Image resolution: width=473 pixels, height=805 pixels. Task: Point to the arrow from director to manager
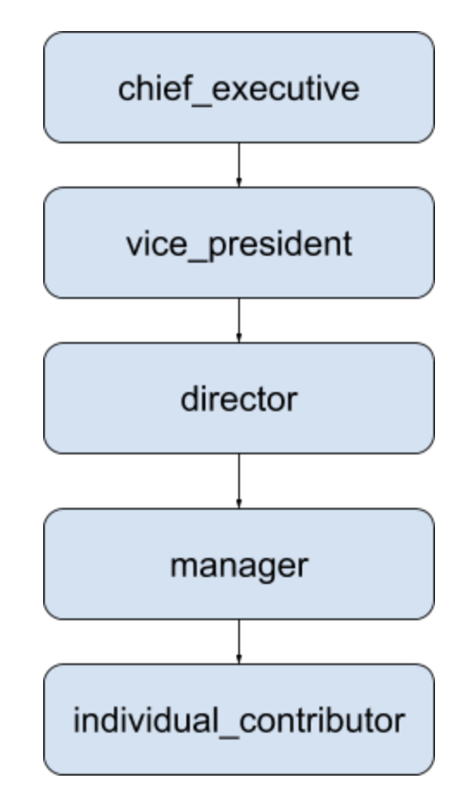click(x=238, y=479)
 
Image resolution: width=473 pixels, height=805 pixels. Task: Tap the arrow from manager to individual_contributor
click(x=238, y=639)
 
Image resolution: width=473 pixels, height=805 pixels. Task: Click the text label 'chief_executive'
click(x=238, y=88)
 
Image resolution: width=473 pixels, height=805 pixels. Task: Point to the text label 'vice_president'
click(x=238, y=244)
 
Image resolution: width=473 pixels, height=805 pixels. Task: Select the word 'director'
click(x=238, y=399)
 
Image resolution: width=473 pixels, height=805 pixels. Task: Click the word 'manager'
click(x=238, y=565)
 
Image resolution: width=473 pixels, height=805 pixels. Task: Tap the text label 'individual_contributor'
click(x=238, y=720)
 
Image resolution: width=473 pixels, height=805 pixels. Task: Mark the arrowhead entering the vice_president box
click(x=238, y=183)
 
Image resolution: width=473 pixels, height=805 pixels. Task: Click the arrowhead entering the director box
click(x=238, y=339)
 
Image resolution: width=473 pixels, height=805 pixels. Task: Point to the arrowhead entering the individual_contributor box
click(x=238, y=660)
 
